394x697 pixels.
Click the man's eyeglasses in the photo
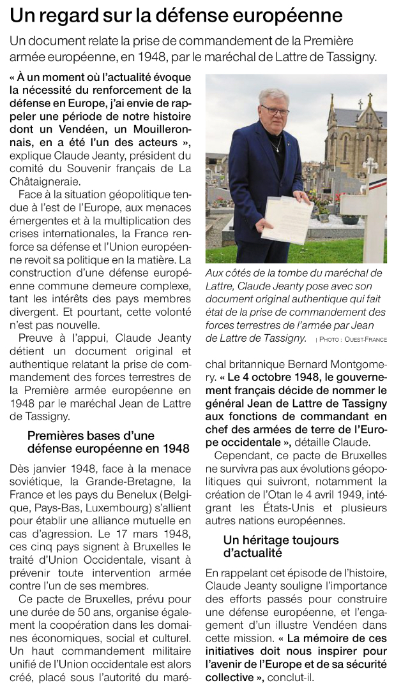pyautogui.click(x=275, y=110)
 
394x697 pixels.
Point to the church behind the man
pyautogui.click(x=356, y=134)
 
